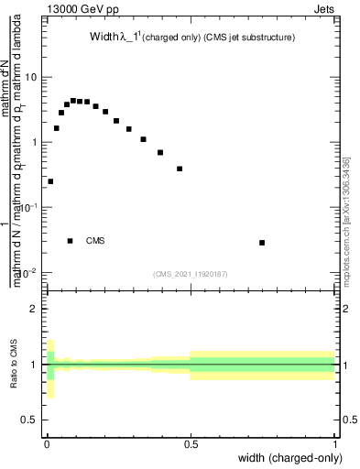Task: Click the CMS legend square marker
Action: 70,241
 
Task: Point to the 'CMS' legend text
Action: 95,241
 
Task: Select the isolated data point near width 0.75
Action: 262,243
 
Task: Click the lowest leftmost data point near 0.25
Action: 50,181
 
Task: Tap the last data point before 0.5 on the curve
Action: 180,169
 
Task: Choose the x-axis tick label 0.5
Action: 191,444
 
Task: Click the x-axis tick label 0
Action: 46,444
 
